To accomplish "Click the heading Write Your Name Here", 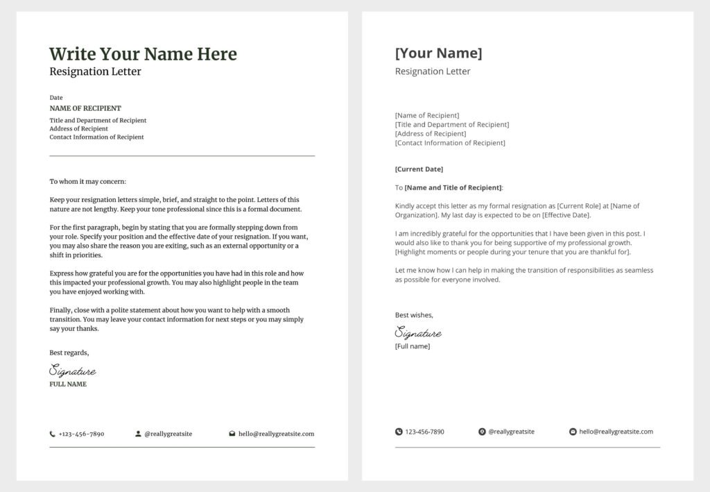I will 143,54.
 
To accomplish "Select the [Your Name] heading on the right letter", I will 438,53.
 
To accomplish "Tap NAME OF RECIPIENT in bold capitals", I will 85,108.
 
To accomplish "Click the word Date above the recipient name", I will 56,98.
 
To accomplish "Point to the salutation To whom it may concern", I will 88,182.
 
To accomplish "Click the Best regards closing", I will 69,353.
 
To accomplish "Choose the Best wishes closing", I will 414,315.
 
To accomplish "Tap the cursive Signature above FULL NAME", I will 72,371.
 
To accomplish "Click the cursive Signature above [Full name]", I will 418,333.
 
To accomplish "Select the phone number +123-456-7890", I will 81,434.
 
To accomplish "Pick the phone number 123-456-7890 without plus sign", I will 424,432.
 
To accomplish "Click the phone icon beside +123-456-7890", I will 53,434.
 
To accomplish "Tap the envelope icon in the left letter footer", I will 232,434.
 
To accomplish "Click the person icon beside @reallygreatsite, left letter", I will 138,434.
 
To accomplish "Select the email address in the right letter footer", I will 616,432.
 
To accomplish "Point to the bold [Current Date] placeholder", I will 419,169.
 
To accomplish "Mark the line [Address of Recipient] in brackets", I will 430,134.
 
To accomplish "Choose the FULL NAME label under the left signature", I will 68,384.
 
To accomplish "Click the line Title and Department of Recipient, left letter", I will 98,121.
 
